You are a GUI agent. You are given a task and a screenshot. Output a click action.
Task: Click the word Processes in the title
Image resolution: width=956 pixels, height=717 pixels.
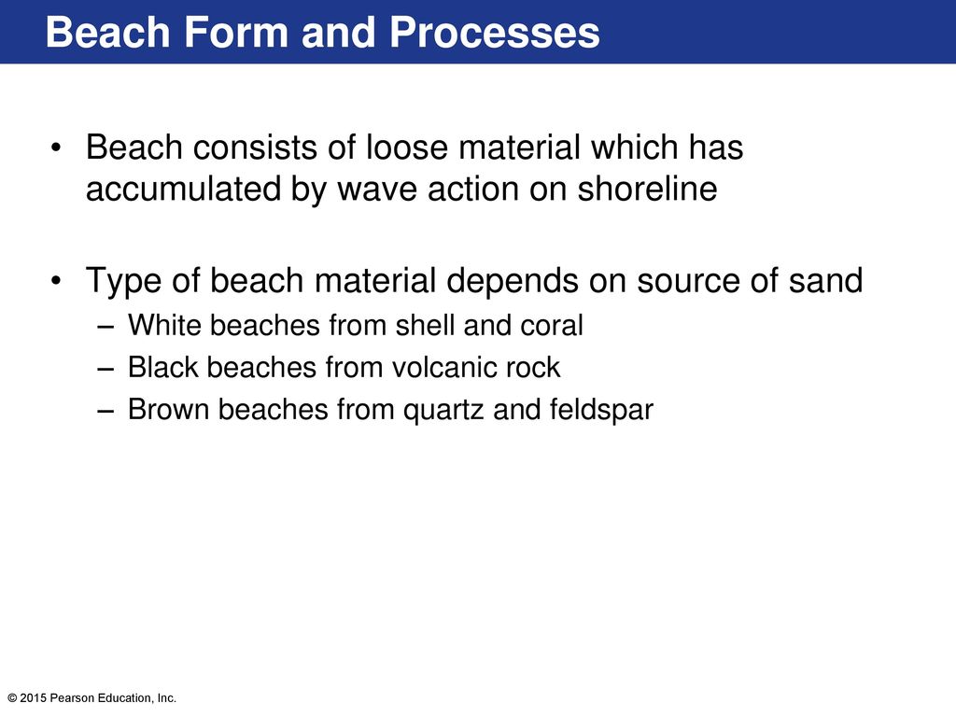tap(495, 32)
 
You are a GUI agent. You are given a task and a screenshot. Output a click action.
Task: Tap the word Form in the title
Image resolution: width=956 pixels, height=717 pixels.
tap(235, 32)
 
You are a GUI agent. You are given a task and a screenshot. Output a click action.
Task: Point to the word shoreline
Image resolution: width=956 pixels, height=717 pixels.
tap(648, 189)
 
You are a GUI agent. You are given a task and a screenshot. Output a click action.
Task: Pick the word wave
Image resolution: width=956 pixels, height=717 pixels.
tap(377, 190)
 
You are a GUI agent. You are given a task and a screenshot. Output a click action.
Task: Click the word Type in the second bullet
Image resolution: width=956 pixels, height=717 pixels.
tap(124, 282)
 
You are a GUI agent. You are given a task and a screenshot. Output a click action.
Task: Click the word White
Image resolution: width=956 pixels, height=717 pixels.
tap(164, 325)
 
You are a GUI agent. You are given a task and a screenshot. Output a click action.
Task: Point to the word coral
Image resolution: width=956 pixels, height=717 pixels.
tap(552, 326)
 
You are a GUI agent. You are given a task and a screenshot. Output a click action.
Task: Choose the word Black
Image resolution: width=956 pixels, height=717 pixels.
tap(162, 367)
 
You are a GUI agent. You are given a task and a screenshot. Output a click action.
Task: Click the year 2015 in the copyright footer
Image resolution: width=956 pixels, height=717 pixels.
tap(34, 698)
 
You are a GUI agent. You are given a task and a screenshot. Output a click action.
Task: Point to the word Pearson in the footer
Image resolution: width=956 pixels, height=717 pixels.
tap(71, 698)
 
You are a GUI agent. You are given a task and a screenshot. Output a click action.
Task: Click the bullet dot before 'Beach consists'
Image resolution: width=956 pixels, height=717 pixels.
tap(57, 148)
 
